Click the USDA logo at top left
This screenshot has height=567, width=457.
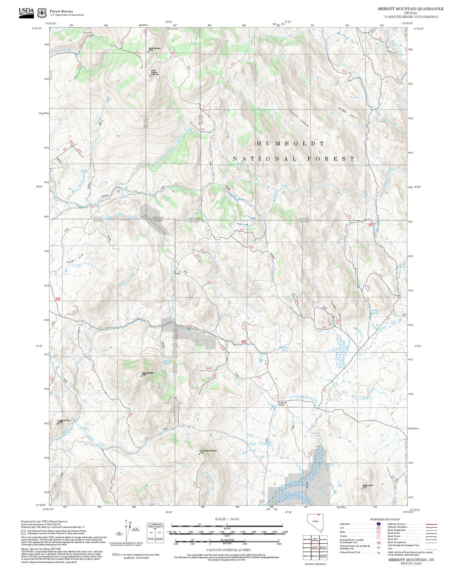(26, 13)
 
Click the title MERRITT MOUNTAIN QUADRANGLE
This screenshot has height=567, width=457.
(410, 9)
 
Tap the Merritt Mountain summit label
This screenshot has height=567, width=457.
(155, 48)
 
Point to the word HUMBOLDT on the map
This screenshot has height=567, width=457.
(290, 143)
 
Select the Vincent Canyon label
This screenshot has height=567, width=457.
(299, 118)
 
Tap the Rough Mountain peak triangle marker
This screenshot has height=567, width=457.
(141, 376)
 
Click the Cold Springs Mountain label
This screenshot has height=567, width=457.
(208, 451)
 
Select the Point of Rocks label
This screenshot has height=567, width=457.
(282, 404)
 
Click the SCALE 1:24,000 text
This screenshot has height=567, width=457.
(227, 519)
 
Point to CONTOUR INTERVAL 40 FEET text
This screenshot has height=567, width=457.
(228, 550)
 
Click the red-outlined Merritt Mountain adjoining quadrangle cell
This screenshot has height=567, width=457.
(315, 547)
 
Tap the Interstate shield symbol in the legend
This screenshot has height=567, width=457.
(379, 524)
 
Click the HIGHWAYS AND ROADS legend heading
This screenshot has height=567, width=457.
(385, 519)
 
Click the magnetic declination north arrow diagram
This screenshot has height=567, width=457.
(127, 531)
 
